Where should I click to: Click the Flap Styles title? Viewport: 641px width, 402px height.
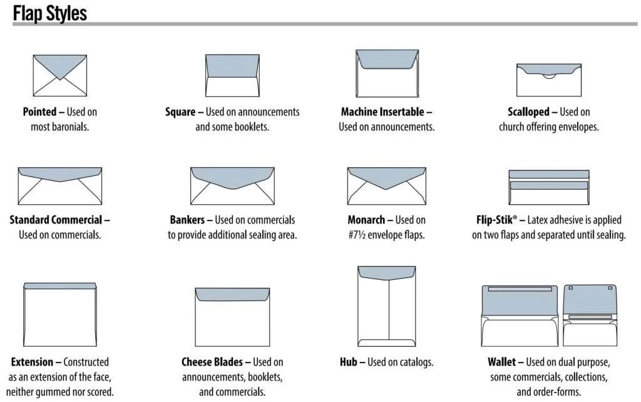pyautogui.click(x=49, y=13)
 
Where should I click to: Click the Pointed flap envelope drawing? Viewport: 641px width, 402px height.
pyautogui.click(x=59, y=75)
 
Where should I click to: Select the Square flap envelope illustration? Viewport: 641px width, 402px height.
pyautogui.click(x=232, y=75)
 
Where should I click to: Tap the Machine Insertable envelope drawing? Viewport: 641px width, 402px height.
pyautogui.click(x=387, y=73)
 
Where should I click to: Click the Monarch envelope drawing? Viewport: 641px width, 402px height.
pyautogui.click(x=387, y=185)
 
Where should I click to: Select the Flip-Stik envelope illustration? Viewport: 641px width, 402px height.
pyautogui.click(x=548, y=186)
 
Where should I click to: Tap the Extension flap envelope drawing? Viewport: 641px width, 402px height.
pyautogui.click(x=60, y=314)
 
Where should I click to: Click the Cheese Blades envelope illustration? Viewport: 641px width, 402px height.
pyautogui.click(x=232, y=317)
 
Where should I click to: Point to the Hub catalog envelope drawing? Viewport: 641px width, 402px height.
pyautogui.click(x=387, y=306)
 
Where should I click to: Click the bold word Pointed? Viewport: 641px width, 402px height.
pyautogui.click(x=39, y=112)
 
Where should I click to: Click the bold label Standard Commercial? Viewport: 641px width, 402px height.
pyautogui.click(x=56, y=220)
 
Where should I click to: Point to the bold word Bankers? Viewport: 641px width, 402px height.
pyautogui.click(x=187, y=220)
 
